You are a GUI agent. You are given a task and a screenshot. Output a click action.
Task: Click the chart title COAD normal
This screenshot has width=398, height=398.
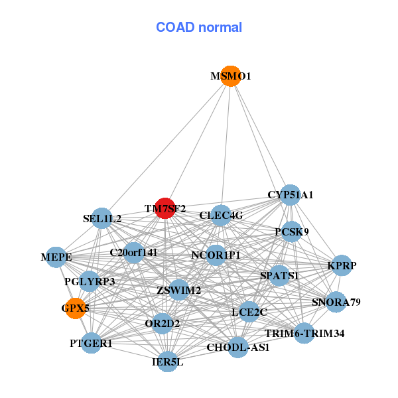[x=199, y=28]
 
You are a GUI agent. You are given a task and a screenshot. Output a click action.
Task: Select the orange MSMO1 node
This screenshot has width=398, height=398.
[x=230, y=76]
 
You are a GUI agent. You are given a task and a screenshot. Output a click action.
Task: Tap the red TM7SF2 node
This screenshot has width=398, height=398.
[x=165, y=208]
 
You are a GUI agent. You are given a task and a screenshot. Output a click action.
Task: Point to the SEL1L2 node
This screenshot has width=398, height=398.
[x=102, y=218]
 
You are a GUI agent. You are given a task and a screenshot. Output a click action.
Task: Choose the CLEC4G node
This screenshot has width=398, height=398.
[x=221, y=215]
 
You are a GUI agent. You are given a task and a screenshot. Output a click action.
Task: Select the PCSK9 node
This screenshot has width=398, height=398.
[x=292, y=232]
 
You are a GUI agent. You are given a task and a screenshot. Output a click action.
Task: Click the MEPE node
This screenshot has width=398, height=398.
[x=56, y=257]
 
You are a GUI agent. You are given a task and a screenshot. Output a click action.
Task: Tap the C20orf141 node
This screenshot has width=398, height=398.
[x=133, y=253]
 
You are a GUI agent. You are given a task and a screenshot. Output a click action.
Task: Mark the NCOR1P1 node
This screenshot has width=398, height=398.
[x=216, y=255]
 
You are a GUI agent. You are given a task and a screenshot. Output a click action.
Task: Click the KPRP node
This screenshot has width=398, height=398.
[x=342, y=266]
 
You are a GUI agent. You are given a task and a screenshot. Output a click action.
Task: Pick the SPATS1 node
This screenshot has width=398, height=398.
[x=279, y=275]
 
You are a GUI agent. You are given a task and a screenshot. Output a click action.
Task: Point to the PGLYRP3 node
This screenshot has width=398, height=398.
[x=90, y=282]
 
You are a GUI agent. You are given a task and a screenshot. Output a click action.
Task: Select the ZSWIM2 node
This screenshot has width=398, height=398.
[x=178, y=290]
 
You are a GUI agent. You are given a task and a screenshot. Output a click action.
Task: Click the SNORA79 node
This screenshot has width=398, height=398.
[x=336, y=302]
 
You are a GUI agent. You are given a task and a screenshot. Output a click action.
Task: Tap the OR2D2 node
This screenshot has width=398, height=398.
[x=163, y=324]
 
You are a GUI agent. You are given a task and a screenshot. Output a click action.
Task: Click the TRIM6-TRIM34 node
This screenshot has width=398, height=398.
[x=304, y=333]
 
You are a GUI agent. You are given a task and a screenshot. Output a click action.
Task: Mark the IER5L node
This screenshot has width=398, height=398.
[x=167, y=362]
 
